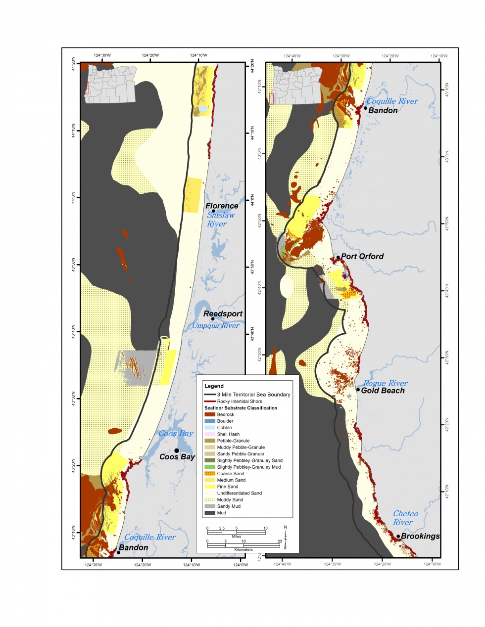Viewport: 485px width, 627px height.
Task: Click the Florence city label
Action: point(222,206)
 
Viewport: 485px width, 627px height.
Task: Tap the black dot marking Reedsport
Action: point(213,319)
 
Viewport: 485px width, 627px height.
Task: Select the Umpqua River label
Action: point(215,325)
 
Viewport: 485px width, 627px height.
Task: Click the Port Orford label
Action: point(362,256)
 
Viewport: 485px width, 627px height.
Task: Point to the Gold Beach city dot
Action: point(358,390)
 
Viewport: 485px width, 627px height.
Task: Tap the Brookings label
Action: point(420,536)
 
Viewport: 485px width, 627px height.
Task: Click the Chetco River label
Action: point(405,518)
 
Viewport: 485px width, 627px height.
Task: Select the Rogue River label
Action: point(385,383)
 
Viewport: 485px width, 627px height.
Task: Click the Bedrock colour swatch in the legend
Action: point(210,414)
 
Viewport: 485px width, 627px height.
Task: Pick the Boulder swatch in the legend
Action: point(210,421)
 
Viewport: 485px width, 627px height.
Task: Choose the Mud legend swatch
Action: point(210,513)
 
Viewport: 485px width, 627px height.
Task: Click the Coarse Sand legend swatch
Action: point(210,473)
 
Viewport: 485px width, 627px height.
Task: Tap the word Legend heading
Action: point(214,386)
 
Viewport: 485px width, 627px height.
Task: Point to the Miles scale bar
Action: point(237,532)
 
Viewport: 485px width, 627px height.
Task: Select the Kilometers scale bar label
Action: point(243,549)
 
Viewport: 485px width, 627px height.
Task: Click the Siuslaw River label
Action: point(220,219)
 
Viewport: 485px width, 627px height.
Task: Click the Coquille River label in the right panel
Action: point(392,101)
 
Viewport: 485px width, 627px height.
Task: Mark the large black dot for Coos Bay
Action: point(177,450)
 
